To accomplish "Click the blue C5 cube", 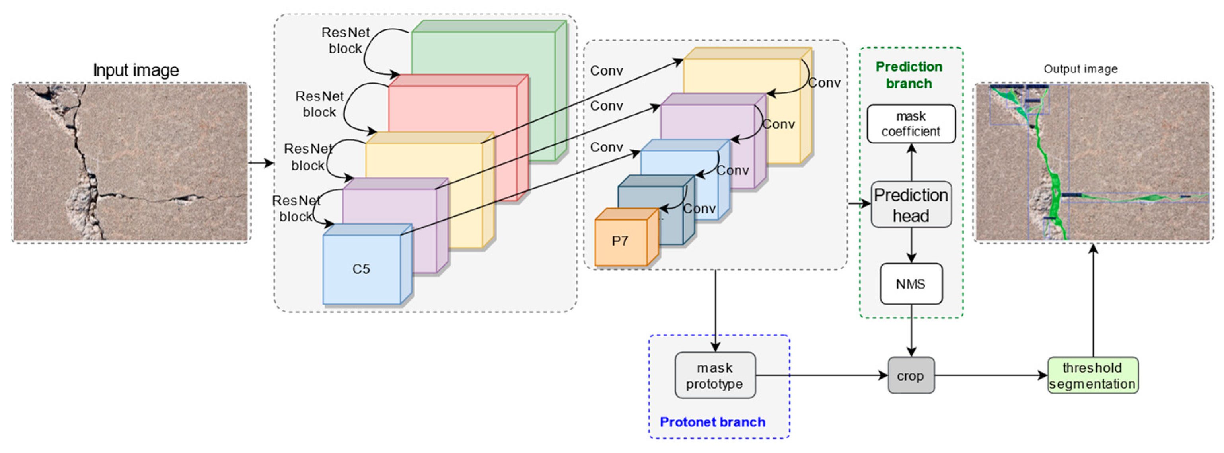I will pyautogui.click(x=362, y=269).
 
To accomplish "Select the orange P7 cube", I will pyautogui.click(x=621, y=242).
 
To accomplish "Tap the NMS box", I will pyautogui.click(x=911, y=284).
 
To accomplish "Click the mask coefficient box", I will pyautogui.click(x=911, y=123).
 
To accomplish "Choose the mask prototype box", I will pyautogui.click(x=715, y=375).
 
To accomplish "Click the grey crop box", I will pyautogui.click(x=911, y=375).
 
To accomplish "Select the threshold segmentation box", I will pyautogui.click(x=1092, y=375).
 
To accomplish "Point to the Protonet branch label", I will pyautogui.click(x=712, y=422).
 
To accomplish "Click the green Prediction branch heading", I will pyautogui.click(x=909, y=74).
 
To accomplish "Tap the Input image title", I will pyautogui.click(x=136, y=70).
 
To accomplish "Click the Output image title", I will pyautogui.click(x=1080, y=69).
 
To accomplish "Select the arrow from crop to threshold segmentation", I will pyautogui.click(x=991, y=375).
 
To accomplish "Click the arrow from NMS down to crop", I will pyautogui.click(x=911, y=330).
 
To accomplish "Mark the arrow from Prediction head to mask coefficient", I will pyautogui.click(x=911, y=162).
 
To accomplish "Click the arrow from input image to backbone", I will pyautogui.click(x=261, y=163).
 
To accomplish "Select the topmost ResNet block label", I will pyautogui.click(x=345, y=41).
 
